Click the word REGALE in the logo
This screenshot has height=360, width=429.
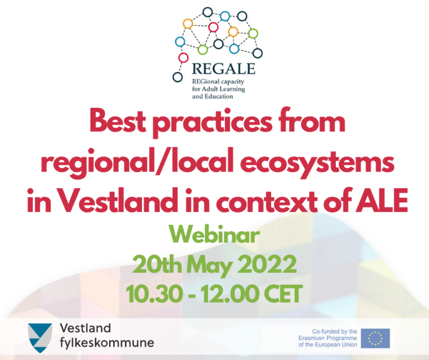pos(223,68)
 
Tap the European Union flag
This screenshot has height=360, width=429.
pos(375,338)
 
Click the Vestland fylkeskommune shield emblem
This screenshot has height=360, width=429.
pos(40,338)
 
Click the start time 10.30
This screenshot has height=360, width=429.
pos(154,293)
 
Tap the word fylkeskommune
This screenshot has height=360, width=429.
pos(107,343)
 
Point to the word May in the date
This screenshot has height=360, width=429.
pos(209,265)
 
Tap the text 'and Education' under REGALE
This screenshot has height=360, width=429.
pos(213,96)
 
